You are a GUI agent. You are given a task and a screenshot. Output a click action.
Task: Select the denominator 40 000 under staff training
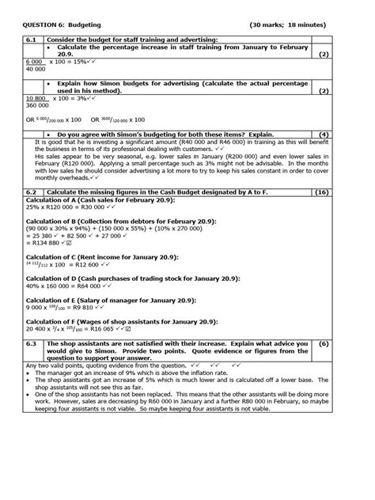36,69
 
